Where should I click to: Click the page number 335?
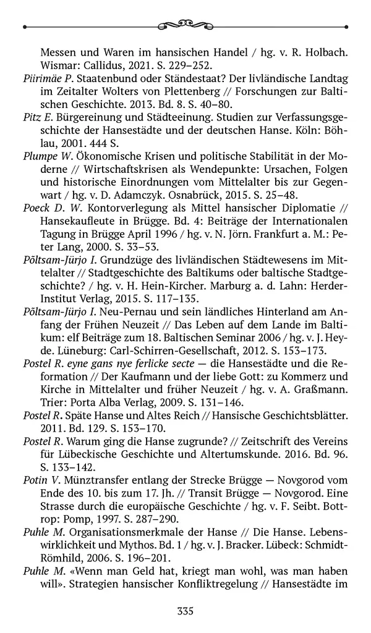click(185, 611)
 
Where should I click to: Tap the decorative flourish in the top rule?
click(185, 25)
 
